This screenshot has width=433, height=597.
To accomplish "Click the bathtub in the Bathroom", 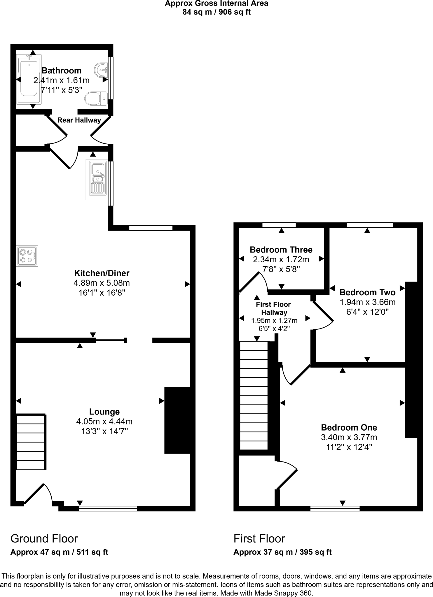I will pyautogui.click(x=29, y=79).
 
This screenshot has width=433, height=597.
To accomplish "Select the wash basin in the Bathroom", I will pyautogui.click(x=101, y=70).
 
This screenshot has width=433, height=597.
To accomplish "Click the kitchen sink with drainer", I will pyautogui.click(x=97, y=179).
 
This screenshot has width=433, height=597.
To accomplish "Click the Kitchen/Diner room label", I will pyautogui.click(x=102, y=273).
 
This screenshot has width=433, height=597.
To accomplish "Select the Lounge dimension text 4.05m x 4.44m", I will pyautogui.click(x=104, y=421).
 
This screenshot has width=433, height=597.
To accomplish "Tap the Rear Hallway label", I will pyautogui.click(x=79, y=120).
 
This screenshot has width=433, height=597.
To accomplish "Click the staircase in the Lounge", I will pyautogui.click(x=31, y=442).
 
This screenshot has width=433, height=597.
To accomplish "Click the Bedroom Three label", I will pyautogui.click(x=281, y=250).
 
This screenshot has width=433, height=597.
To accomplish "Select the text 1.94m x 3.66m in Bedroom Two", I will pyautogui.click(x=367, y=302).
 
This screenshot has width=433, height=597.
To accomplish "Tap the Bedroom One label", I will pyautogui.click(x=349, y=427).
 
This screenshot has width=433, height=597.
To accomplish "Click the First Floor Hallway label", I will pyautogui.click(x=273, y=308).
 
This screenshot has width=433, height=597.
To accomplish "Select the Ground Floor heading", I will pyautogui.click(x=44, y=538).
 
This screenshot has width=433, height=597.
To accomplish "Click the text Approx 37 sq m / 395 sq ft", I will pyautogui.click(x=282, y=552).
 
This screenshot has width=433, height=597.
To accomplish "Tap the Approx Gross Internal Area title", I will pyautogui.click(x=216, y=3).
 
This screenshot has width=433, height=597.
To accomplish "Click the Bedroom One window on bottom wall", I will pyautogui.click(x=335, y=509).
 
